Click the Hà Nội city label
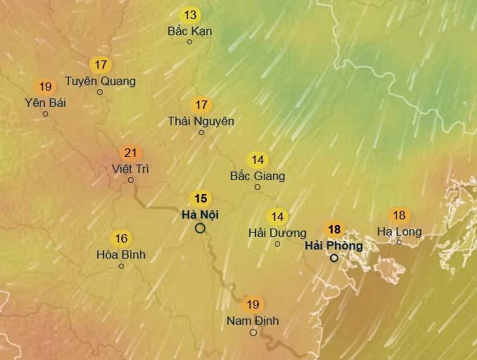click(x=200, y=214)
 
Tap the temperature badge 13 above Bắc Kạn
click(x=190, y=15)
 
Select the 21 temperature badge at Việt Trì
click(x=130, y=153)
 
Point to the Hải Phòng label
click(x=333, y=245)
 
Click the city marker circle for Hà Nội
click(x=201, y=228)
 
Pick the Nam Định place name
click(x=253, y=321)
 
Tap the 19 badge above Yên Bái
click(x=46, y=87)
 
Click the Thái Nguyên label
click(x=201, y=121)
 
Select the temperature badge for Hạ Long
click(x=399, y=215)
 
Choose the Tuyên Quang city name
click(x=100, y=81)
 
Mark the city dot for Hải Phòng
click(x=334, y=258)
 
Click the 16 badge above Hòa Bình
click(x=121, y=238)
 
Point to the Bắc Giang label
click(x=257, y=176)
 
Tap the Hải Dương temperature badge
click(x=277, y=217)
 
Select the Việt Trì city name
click(x=130, y=169)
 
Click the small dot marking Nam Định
click(x=253, y=333)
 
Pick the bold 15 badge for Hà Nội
click(x=201, y=198)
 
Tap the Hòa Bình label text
click(x=121, y=255)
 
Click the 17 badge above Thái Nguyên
click(x=201, y=105)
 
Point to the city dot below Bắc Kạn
click(x=189, y=42)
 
